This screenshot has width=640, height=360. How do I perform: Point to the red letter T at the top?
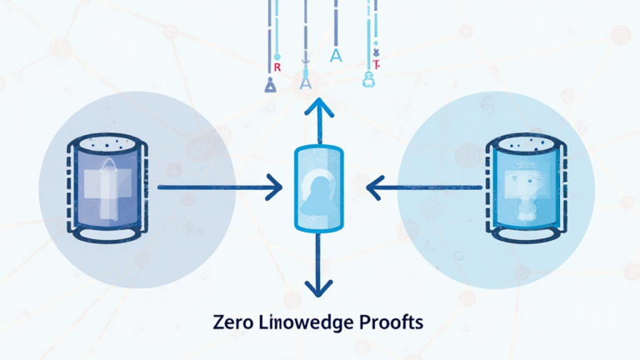(376, 63)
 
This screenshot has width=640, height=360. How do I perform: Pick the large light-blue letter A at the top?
(336, 56)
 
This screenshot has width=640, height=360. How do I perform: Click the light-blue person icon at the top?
(367, 79)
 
